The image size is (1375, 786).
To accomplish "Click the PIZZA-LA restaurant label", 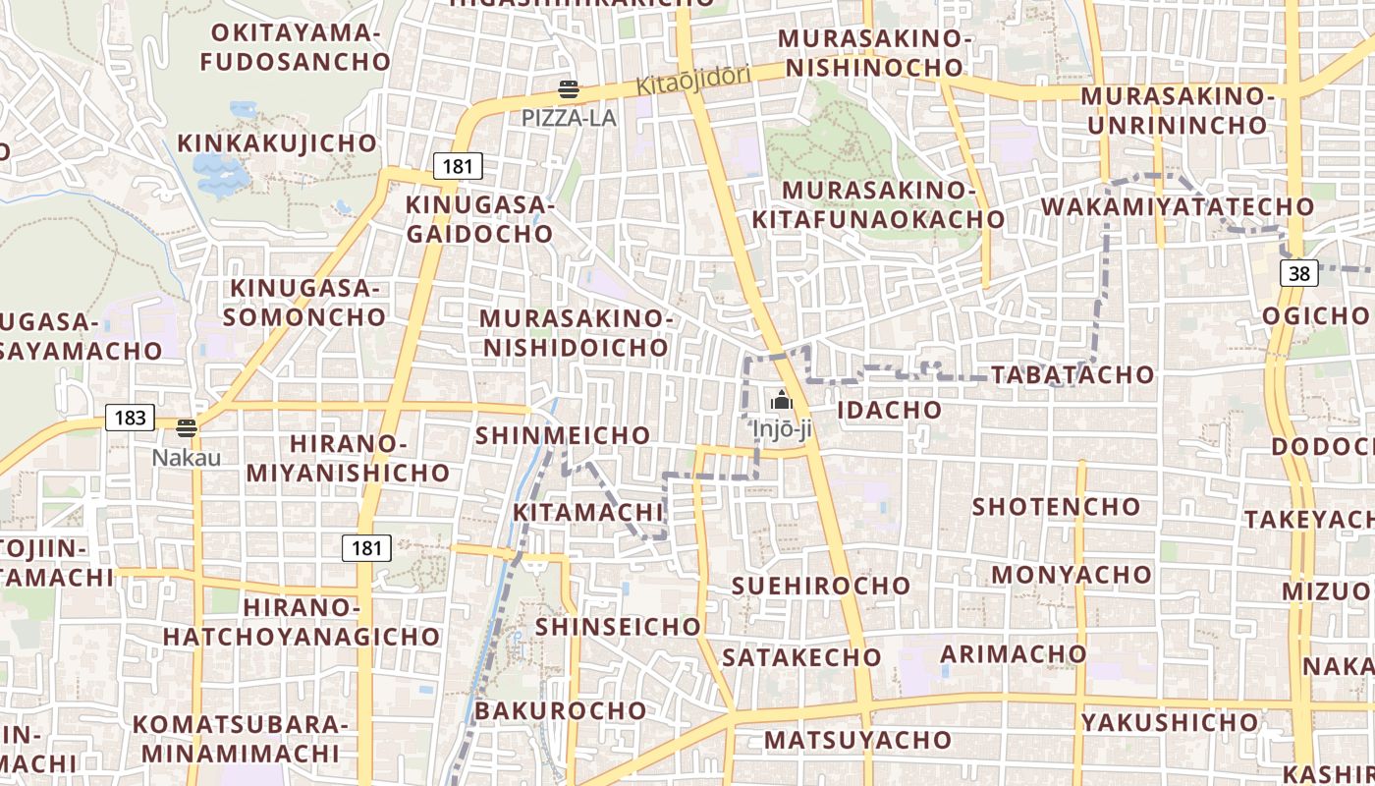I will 569,118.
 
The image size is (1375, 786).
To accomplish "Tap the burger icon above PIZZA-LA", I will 569,90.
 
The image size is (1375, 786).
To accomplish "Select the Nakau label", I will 187,458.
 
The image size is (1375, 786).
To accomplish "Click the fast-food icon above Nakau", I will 187,428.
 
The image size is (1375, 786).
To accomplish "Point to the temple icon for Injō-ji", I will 782,400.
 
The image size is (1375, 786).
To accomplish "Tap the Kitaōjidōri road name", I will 693,80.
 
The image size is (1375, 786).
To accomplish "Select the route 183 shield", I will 130,418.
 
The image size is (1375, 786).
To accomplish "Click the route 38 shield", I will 1299,273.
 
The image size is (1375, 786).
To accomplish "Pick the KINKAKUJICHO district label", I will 277,143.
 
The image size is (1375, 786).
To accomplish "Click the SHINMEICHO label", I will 563,435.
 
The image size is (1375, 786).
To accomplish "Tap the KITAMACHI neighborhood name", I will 588,512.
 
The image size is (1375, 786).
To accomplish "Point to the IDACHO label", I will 888,410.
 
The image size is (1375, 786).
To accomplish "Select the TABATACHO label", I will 1072,374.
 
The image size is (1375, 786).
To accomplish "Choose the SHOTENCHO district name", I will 1056,507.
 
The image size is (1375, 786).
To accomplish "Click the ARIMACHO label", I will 1014,653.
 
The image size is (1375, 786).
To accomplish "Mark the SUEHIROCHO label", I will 821,586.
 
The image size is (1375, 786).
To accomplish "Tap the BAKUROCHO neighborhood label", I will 562,710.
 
